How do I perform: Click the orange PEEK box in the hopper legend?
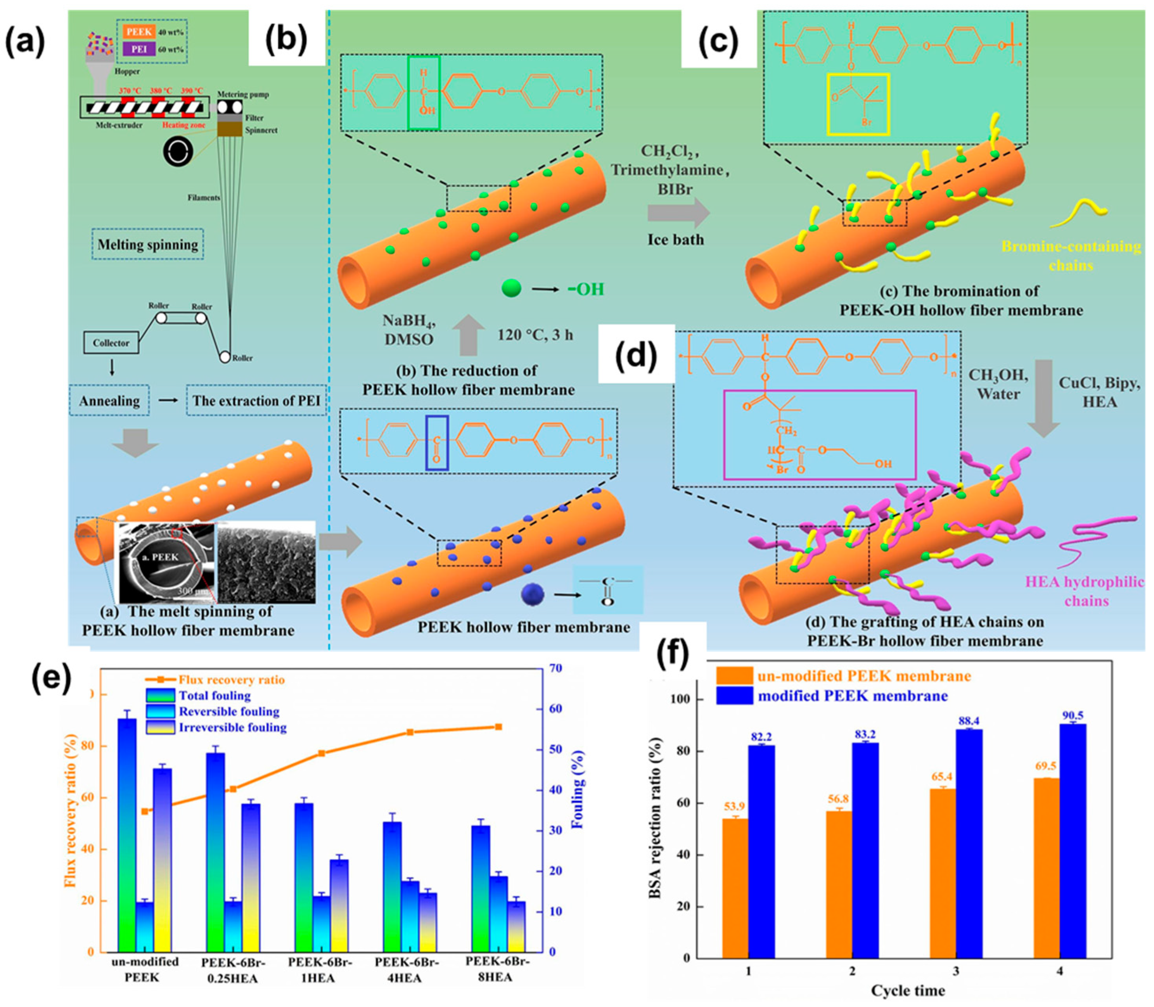[x=138, y=32]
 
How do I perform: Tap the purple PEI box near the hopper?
[x=138, y=50]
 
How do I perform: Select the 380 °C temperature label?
[x=159, y=91]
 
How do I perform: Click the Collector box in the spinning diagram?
[x=111, y=343]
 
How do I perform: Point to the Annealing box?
[x=109, y=401]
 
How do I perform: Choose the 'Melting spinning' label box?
[x=148, y=245]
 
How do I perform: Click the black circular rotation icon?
[x=178, y=152]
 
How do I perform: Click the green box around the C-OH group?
[x=424, y=93]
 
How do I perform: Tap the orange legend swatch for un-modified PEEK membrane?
[x=735, y=675]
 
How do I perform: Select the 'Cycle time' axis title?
[x=908, y=990]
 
